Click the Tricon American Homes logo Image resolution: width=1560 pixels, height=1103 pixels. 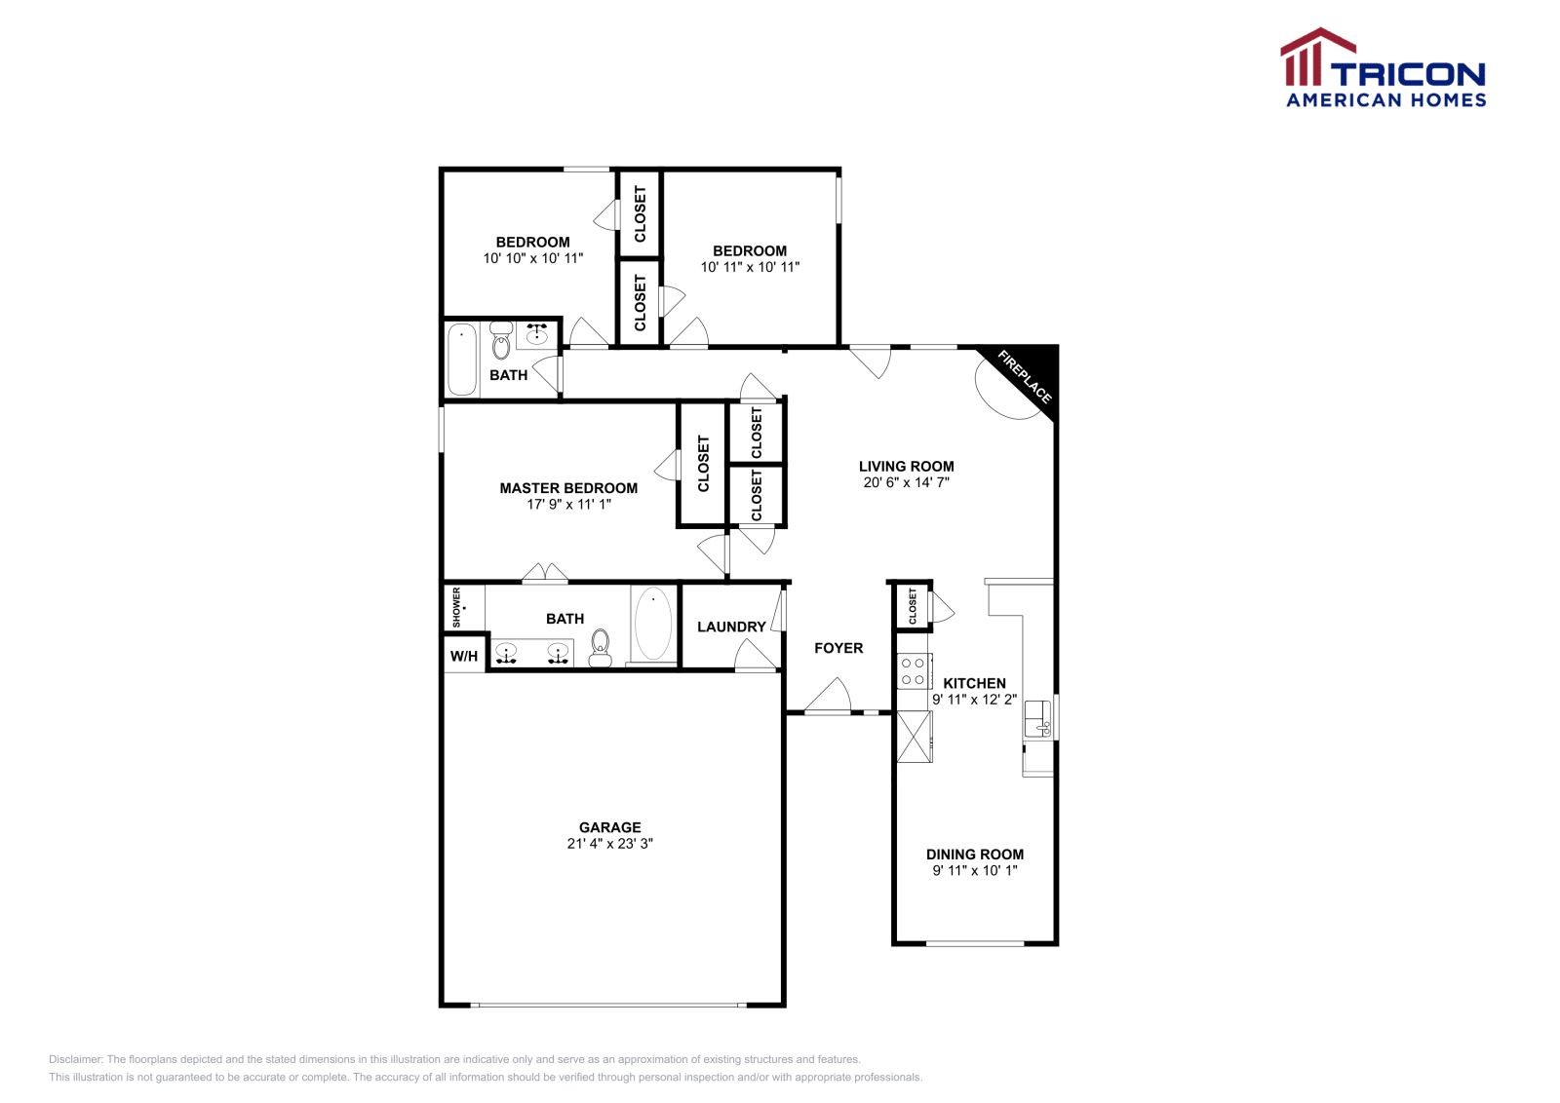1384,68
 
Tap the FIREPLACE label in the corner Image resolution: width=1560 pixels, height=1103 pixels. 1025,377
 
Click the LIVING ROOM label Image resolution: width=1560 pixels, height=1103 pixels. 906,466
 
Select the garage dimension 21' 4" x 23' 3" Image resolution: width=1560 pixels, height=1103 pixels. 609,844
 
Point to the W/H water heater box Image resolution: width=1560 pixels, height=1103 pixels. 464,656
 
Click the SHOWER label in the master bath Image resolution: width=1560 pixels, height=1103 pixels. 456,606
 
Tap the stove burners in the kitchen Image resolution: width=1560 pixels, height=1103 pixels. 914,671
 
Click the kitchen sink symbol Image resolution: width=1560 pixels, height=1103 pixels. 1037,719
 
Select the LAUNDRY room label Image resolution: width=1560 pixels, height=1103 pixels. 731,627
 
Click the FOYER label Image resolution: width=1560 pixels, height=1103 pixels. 838,648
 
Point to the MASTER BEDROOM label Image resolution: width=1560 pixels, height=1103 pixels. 568,488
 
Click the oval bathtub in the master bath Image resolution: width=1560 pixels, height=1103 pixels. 653,624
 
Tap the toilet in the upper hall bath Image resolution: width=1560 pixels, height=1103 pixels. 501,342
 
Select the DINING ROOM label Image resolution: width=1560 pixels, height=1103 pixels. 974,855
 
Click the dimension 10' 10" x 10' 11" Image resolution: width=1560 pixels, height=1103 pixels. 532,258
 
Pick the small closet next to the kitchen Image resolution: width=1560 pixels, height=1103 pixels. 913,606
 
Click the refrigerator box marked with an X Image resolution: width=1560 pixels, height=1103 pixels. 915,737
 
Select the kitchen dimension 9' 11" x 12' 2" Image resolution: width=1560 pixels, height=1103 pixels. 974,700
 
